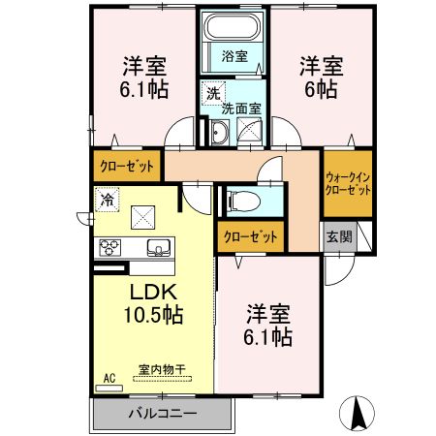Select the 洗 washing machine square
210,95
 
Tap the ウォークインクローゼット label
348,184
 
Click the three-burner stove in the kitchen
108,247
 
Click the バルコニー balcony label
163,413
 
